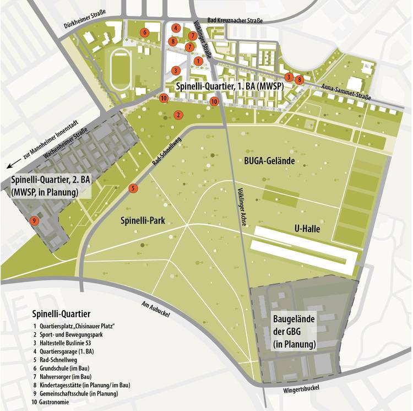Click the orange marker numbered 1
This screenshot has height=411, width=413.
(x=198, y=60)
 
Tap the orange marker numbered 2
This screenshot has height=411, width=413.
(x=178, y=115)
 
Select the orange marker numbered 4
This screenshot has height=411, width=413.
(x=176, y=28)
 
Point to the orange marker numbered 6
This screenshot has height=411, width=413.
(x=144, y=33)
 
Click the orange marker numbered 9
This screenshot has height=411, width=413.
(x=34, y=220)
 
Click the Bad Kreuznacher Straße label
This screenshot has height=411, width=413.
(x=235, y=20)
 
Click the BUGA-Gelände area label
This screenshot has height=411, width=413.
(x=270, y=161)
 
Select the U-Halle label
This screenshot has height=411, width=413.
(x=306, y=228)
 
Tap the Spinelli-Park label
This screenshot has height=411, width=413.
(x=143, y=221)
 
